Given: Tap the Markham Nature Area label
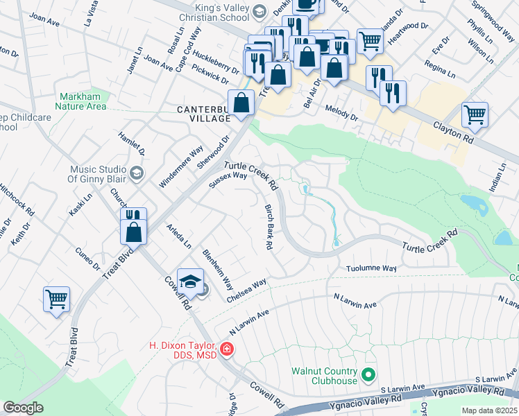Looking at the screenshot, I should coord(82,101).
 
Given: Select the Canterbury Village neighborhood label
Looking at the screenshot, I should coord(203,114).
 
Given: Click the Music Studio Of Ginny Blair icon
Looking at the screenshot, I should coord(136,172).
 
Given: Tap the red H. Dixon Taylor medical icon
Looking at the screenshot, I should coord(226,349).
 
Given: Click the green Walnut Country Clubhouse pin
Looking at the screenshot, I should coord(369,376).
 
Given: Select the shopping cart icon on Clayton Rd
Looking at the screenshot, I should coord(475,114).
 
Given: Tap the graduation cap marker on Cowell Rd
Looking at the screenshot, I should coord(190,281).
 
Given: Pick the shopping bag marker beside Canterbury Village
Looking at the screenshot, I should coord(241,103).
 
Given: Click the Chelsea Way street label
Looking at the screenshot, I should coord(246,291).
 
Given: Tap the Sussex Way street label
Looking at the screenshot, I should coord(228,180).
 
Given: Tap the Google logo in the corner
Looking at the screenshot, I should coord(23,408).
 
